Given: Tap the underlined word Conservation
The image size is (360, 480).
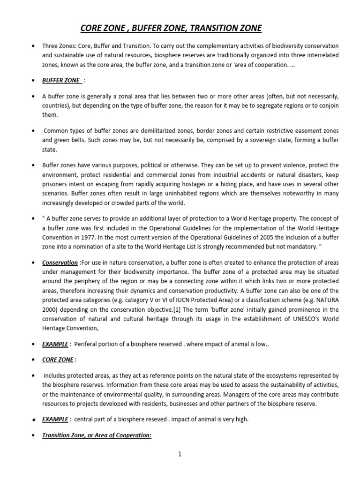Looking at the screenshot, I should [60, 262].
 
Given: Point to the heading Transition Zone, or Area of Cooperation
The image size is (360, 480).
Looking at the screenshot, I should [97, 435].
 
